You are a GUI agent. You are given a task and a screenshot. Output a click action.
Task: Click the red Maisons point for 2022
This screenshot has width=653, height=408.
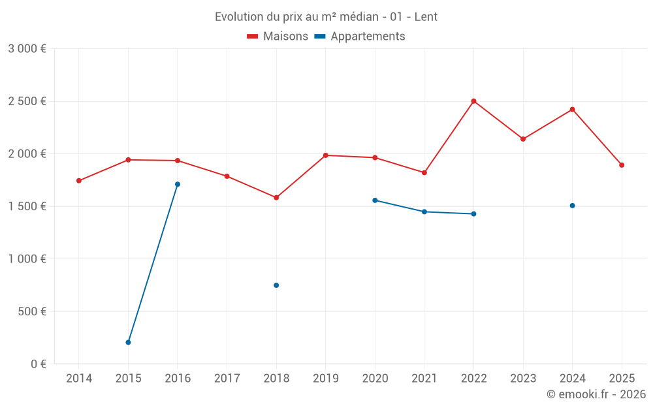coord(473,101)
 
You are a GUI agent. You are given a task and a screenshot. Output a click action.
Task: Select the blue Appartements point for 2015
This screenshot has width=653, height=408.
coord(128,342)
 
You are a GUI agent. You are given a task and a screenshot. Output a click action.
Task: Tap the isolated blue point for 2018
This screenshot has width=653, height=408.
coord(276,285)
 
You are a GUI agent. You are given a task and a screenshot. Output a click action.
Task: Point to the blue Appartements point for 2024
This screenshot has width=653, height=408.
coord(572,206)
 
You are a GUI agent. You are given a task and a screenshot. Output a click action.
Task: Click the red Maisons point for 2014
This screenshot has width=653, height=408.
coord(79,181)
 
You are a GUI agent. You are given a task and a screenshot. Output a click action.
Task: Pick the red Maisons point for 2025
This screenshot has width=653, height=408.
coord(622,165)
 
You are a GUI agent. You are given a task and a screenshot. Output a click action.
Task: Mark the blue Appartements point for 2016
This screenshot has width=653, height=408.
coord(178,184)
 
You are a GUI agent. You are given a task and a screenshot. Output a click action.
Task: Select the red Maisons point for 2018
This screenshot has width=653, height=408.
coord(276,197)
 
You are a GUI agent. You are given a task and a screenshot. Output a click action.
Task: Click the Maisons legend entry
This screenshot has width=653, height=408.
coord(278,37)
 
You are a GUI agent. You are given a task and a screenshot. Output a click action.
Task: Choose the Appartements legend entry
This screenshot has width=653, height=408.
coord(360,37)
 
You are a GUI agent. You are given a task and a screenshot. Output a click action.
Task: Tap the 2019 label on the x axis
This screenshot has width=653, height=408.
coord(326,378)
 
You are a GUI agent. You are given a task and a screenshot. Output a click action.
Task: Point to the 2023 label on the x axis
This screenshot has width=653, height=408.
coord(523,378)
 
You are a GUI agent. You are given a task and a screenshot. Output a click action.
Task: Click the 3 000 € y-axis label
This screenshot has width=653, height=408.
coord(27,49)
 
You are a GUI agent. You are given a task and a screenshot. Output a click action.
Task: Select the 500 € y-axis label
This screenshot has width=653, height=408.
coord(31,311)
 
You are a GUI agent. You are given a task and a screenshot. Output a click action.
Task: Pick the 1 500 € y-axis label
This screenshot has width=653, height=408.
coord(27,206)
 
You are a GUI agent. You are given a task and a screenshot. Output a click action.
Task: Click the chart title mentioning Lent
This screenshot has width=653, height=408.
coord(326,17)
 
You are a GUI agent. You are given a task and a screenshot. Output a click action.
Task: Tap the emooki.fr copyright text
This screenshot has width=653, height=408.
coord(596,394)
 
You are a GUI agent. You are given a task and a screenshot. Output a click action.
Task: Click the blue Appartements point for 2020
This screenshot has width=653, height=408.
coord(375,200)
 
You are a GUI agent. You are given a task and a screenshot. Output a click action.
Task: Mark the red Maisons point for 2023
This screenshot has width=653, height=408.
coord(523,139)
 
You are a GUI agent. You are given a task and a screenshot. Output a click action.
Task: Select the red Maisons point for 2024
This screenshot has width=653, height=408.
coord(572,109)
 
